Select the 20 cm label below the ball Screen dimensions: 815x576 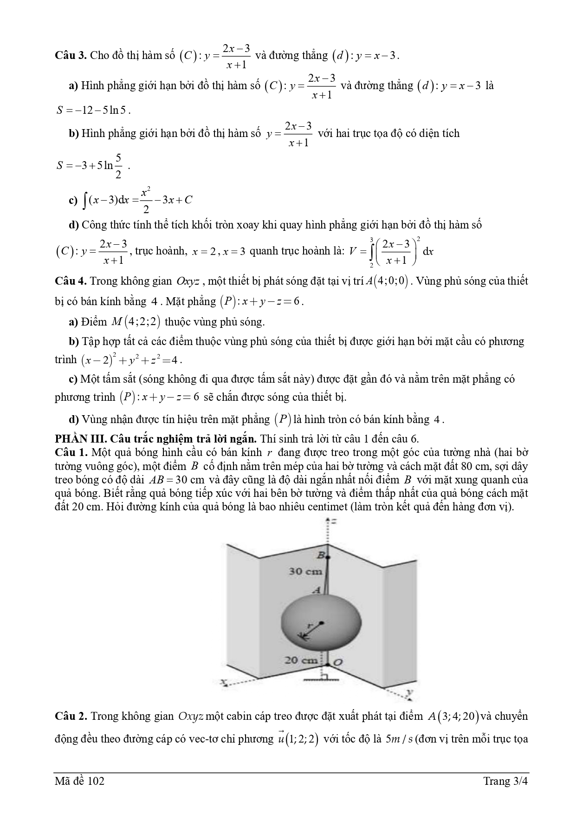pyautogui.click(x=301, y=659)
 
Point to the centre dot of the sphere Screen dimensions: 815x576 pyautogui.click(x=321, y=623)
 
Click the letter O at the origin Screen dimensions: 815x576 pyautogui.click(x=338, y=662)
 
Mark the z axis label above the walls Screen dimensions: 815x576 pyautogui.click(x=333, y=522)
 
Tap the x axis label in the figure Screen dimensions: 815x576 pyautogui.click(x=224, y=682)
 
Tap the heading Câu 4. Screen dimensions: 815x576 pyautogui.click(x=71, y=281)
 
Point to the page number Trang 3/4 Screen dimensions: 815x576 pyautogui.click(x=505, y=781)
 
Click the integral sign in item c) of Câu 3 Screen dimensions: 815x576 pyautogui.click(x=85, y=200)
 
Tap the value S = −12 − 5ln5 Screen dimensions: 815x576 pyautogui.click(x=93, y=111)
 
